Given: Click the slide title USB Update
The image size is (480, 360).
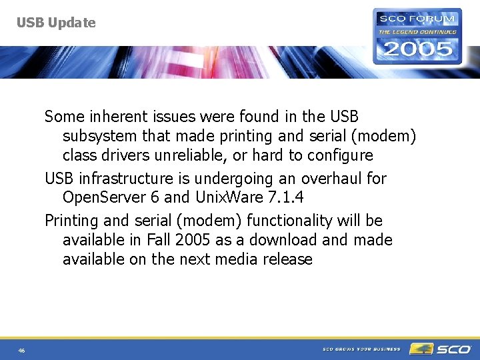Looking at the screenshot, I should [x=56, y=23].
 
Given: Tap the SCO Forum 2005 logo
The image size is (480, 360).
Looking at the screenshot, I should [x=417, y=36].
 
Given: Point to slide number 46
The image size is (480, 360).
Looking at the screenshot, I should [x=22, y=351].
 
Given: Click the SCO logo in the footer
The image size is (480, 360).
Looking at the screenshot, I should [x=441, y=349].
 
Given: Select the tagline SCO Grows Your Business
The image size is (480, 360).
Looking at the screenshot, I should [x=361, y=349].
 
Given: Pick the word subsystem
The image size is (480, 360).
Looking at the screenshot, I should [x=100, y=137].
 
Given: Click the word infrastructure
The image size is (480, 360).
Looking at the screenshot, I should [x=123, y=179].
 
